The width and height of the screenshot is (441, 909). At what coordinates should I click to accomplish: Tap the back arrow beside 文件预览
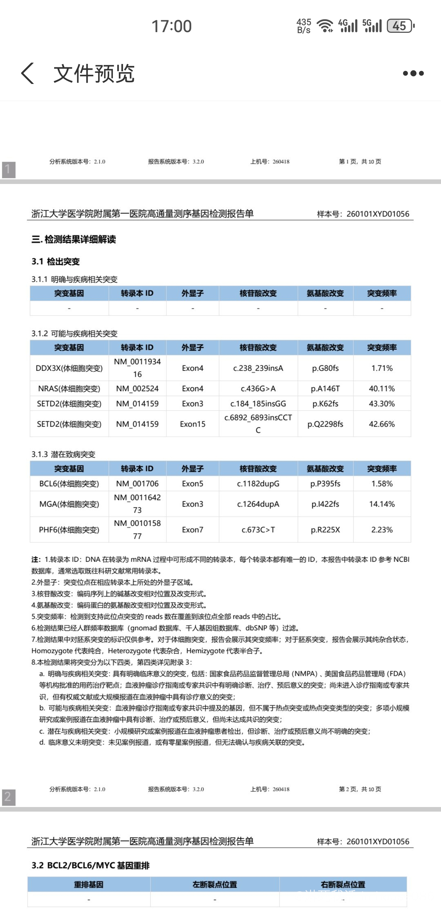28,73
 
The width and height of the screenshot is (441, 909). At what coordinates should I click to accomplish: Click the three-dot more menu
413,73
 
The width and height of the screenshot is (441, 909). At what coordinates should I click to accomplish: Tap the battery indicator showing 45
400,26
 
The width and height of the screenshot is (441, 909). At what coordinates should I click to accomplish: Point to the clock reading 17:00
172,26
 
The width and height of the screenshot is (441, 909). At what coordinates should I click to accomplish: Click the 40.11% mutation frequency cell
382,389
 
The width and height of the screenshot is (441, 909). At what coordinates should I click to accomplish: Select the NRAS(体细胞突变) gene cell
69,389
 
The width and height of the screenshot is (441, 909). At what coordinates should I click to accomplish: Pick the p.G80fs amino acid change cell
325,368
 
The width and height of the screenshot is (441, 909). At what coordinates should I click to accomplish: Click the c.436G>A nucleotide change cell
258,389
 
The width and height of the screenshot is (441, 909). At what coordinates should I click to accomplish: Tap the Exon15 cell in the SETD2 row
192,424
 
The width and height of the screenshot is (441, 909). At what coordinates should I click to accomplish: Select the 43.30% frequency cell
382,403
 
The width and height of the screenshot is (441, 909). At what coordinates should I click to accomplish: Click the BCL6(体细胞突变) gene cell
69,483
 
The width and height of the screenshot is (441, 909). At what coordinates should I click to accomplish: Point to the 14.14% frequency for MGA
382,504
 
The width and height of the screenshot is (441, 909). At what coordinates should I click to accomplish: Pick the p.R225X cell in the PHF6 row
325,530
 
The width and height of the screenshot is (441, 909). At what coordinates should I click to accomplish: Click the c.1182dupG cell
258,483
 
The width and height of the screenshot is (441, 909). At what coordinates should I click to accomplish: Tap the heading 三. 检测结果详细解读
73,240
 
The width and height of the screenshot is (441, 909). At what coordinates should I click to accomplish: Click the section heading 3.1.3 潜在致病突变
64,454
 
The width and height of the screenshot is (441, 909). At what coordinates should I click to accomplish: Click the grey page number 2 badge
9,798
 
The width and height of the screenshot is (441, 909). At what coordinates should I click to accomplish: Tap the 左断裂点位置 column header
215,884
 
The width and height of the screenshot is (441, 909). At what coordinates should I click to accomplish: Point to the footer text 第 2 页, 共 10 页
360,789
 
